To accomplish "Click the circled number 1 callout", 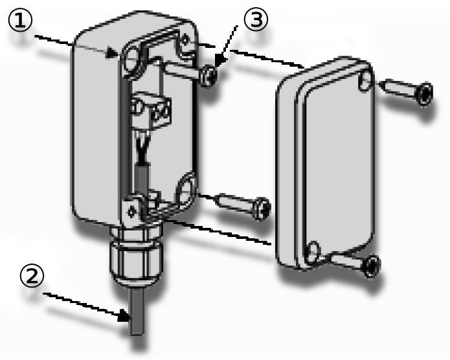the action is click(20, 19).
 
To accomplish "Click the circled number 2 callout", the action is click(32, 275).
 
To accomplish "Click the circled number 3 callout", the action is click(256, 19).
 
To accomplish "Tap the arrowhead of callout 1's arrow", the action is click(112, 52).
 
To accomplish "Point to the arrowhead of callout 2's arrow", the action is click(125, 315).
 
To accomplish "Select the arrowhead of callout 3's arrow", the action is click(219, 61).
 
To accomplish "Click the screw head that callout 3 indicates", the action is click(210, 75).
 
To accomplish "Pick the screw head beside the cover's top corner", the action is click(425, 95).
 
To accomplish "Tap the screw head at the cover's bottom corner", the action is click(372, 267).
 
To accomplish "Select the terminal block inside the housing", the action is click(150, 111).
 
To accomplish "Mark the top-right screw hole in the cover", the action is click(365, 81).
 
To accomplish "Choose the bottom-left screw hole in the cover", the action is click(313, 252).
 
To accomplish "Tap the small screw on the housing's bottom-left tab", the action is click(131, 212).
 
